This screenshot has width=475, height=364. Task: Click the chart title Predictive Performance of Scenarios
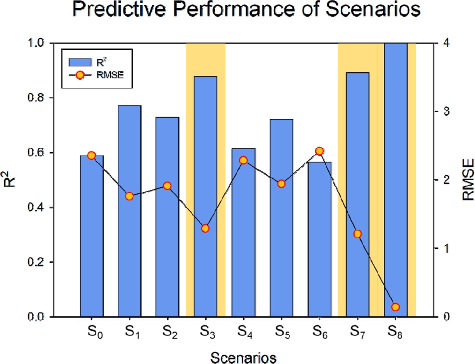point(238,12)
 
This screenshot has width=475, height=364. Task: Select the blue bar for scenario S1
point(130,211)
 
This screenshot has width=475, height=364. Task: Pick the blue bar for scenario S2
point(167,217)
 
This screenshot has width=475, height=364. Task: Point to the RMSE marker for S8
point(395,307)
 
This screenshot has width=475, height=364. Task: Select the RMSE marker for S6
point(319,151)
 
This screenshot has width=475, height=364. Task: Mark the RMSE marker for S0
point(92,156)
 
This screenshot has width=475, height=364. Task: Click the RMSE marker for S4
point(243,160)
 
